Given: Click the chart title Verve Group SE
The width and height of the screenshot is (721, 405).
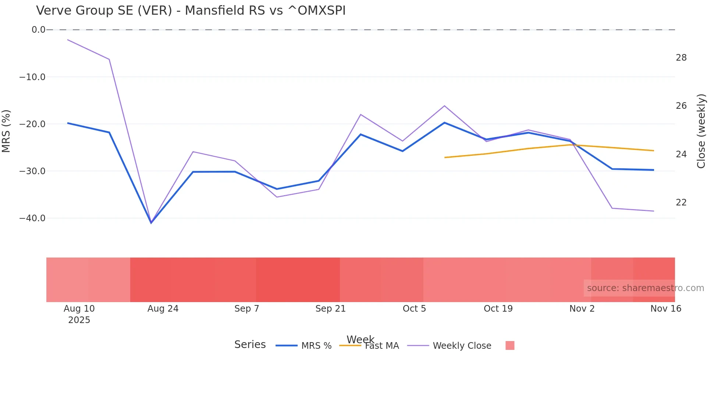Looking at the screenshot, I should pyautogui.click(x=191, y=11).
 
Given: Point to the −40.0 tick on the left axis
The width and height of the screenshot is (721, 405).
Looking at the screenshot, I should pyautogui.click(x=32, y=218).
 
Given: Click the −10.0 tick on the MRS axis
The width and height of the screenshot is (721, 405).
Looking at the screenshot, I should pyautogui.click(x=32, y=77).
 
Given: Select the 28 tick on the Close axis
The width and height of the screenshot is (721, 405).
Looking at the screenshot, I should pyautogui.click(x=681, y=58).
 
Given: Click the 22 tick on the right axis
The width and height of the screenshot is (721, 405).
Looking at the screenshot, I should pyautogui.click(x=681, y=202).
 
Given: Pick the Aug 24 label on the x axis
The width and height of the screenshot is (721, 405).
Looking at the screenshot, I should pyautogui.click(x=163, y=309).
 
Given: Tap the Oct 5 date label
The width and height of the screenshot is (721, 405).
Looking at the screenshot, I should pyautogui.click(x=414, y=309).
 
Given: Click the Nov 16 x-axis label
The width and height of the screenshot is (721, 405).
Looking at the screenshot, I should pyautogui.click(x=665, y=309).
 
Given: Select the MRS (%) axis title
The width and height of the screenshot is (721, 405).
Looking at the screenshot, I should pyautogui.click(x=6, y=131).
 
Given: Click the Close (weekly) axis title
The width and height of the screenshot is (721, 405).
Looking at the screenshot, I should pyautogui.click(x=701, y=131).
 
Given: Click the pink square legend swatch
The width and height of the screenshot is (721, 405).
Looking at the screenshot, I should pyautogui.click(x=510, y=345).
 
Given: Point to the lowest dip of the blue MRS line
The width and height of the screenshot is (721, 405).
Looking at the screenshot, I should pyautogui.click(x=151, y=223).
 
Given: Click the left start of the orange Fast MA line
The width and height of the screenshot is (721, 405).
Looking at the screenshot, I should pyautogui.click(x=445, y=157).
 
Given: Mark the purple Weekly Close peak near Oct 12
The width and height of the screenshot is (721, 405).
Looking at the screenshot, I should pyautogui.click(x=444, y=106).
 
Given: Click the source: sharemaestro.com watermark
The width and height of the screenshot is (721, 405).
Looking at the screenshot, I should pyautogui.click(x=645, y=288).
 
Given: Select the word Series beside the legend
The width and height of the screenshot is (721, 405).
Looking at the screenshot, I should pyautogui.click(x=250, y=345).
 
